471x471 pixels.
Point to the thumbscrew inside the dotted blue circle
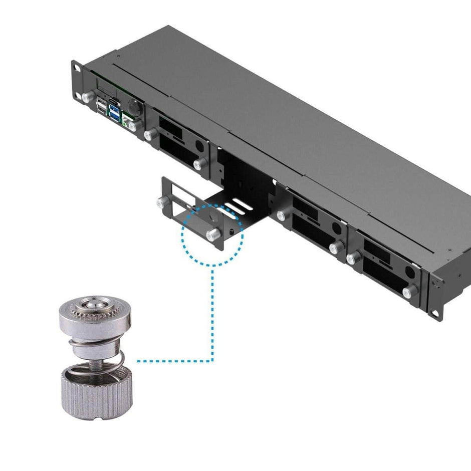point(212,234)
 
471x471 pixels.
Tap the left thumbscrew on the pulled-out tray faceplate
point(161,202)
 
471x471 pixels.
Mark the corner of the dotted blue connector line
point(213,360)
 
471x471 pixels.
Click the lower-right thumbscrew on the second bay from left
point(200,163)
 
